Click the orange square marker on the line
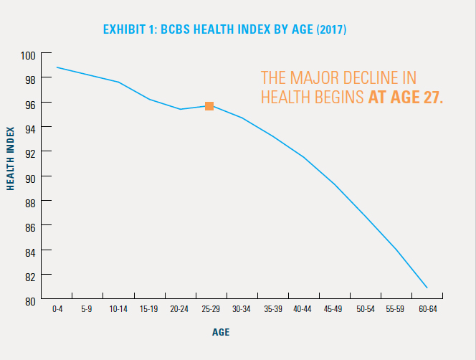point(209,106)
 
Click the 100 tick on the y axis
point(29,55)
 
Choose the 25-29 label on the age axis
point(211,309)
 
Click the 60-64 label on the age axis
point(427,309)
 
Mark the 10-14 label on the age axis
point(119,309)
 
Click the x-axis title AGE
point(221,333)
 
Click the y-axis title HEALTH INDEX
point(11,158)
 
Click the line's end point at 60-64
point(427,288)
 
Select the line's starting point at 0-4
point(57,67)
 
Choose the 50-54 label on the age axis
point(366,309)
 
